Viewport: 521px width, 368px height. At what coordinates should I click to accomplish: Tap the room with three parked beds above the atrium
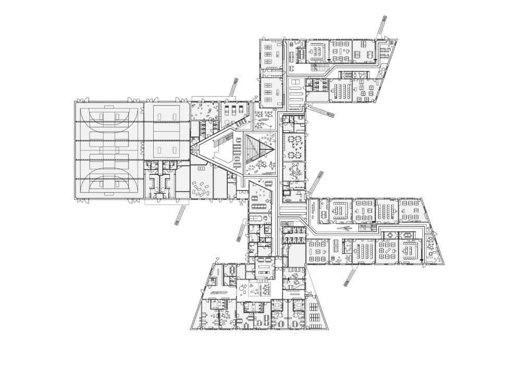tap(233, 110)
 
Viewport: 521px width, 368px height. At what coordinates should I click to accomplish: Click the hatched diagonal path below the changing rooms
tap(181, 213)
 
